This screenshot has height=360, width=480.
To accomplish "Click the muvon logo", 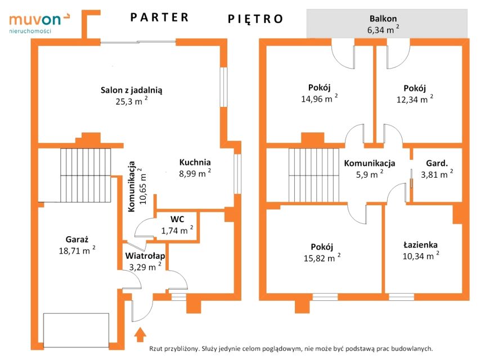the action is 39,22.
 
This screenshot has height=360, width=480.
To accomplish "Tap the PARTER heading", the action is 159,17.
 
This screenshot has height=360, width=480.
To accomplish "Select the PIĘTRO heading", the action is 255,19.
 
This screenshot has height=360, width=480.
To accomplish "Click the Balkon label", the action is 383,19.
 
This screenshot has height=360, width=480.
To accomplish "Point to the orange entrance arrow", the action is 140,334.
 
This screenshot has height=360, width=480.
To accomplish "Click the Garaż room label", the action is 77,240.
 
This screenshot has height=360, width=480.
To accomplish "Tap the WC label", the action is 177,219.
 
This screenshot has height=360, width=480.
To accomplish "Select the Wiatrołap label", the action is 145,255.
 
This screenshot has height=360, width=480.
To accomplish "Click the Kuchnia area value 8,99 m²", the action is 195,173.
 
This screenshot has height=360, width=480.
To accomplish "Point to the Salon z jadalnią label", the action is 131,90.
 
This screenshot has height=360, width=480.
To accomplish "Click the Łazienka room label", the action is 420,245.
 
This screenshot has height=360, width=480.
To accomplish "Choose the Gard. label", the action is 437,163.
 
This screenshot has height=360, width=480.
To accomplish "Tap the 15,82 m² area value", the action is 322,258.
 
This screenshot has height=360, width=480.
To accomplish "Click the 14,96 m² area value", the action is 319,98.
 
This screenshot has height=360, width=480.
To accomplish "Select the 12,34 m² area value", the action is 415,99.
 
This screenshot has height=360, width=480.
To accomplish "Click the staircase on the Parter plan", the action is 86,175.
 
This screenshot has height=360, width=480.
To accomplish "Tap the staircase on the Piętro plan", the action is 314,175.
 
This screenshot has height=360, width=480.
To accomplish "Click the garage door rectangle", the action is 76,330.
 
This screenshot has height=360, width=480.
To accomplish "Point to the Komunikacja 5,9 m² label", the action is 370,169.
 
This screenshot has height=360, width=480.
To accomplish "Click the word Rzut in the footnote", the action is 155,348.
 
